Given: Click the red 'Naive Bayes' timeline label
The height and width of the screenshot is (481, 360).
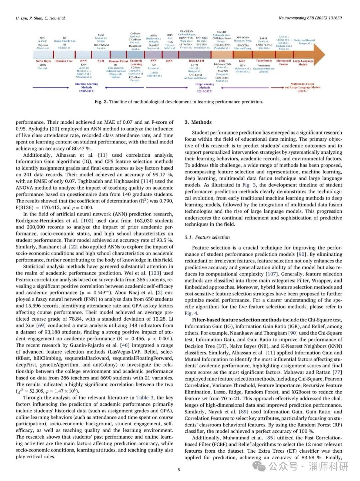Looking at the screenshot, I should click(43, 61).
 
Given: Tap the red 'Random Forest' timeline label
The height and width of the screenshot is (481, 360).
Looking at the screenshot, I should click(118, 61).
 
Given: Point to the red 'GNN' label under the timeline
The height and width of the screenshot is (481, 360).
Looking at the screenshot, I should click(242, 61).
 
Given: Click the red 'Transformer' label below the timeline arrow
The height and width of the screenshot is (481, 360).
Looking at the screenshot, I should click(264, 61).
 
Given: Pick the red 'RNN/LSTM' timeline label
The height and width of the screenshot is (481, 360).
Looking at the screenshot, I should click(196, 61).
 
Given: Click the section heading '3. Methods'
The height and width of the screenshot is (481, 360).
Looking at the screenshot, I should click(198, 122).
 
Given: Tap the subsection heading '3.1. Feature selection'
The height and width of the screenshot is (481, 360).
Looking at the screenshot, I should click(207, 237).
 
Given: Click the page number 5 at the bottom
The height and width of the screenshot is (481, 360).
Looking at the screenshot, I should click(179, 470).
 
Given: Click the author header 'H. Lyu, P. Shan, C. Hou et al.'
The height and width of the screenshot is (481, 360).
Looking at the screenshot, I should click(41, 18).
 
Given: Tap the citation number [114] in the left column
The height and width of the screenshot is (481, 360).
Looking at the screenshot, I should click(147, 181).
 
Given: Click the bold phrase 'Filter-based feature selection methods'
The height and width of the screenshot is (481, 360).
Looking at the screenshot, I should click(236, 320).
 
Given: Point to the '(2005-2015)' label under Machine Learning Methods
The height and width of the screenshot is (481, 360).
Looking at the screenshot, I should click(87, 91).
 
